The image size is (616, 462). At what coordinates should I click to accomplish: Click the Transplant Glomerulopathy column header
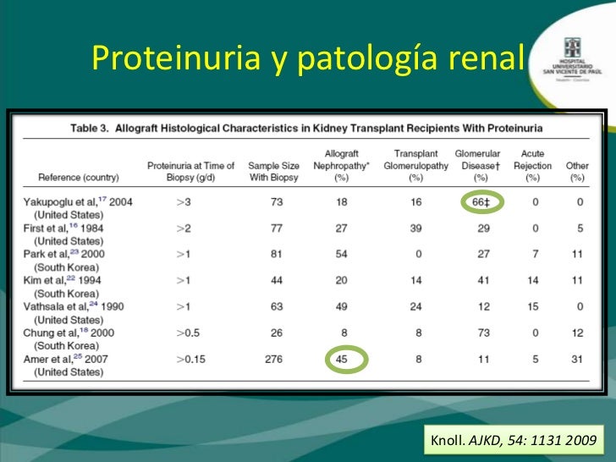pos(415,166)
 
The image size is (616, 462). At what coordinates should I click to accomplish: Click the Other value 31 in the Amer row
pos(577,360)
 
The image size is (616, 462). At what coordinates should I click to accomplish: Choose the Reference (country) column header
pos(79,179)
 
